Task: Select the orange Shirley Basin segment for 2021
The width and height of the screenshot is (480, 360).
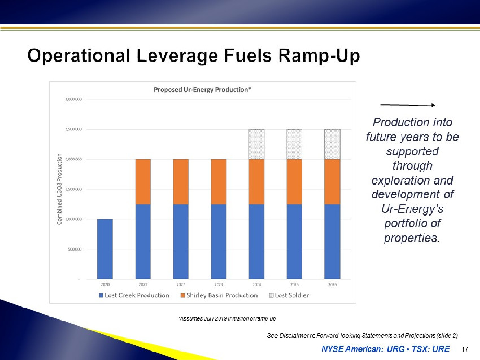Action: click(143, 181)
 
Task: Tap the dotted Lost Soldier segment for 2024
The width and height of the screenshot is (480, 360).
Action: click(256, 144)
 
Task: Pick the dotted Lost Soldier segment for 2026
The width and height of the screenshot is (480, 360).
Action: click(332, 144)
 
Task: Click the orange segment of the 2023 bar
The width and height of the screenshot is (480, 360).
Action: click(219, 181)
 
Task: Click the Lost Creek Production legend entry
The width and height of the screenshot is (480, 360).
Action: click(134, 295)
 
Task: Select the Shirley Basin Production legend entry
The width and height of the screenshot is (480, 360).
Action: click(219, 295)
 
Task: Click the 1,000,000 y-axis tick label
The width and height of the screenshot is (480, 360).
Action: click(73, 219)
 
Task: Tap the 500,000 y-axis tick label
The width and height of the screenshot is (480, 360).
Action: click(75, 249)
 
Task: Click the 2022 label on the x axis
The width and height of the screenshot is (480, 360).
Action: click(181, 285)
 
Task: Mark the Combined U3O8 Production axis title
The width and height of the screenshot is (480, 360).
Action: click(60, 189)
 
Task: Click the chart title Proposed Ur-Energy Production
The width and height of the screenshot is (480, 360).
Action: click(202, 90)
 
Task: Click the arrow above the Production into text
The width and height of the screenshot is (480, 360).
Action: click(407, 106)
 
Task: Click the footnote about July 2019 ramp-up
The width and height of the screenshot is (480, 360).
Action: click(226, 319)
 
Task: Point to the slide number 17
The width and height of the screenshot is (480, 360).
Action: click(464, 349)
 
